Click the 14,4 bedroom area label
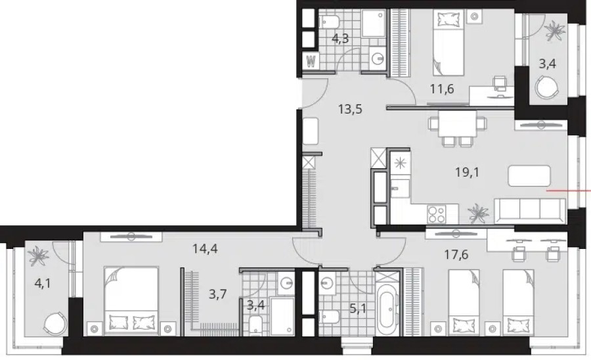point(205,249)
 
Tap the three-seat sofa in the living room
point(529,211)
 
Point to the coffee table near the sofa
point(529,175)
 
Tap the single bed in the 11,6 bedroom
point(448,44)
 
